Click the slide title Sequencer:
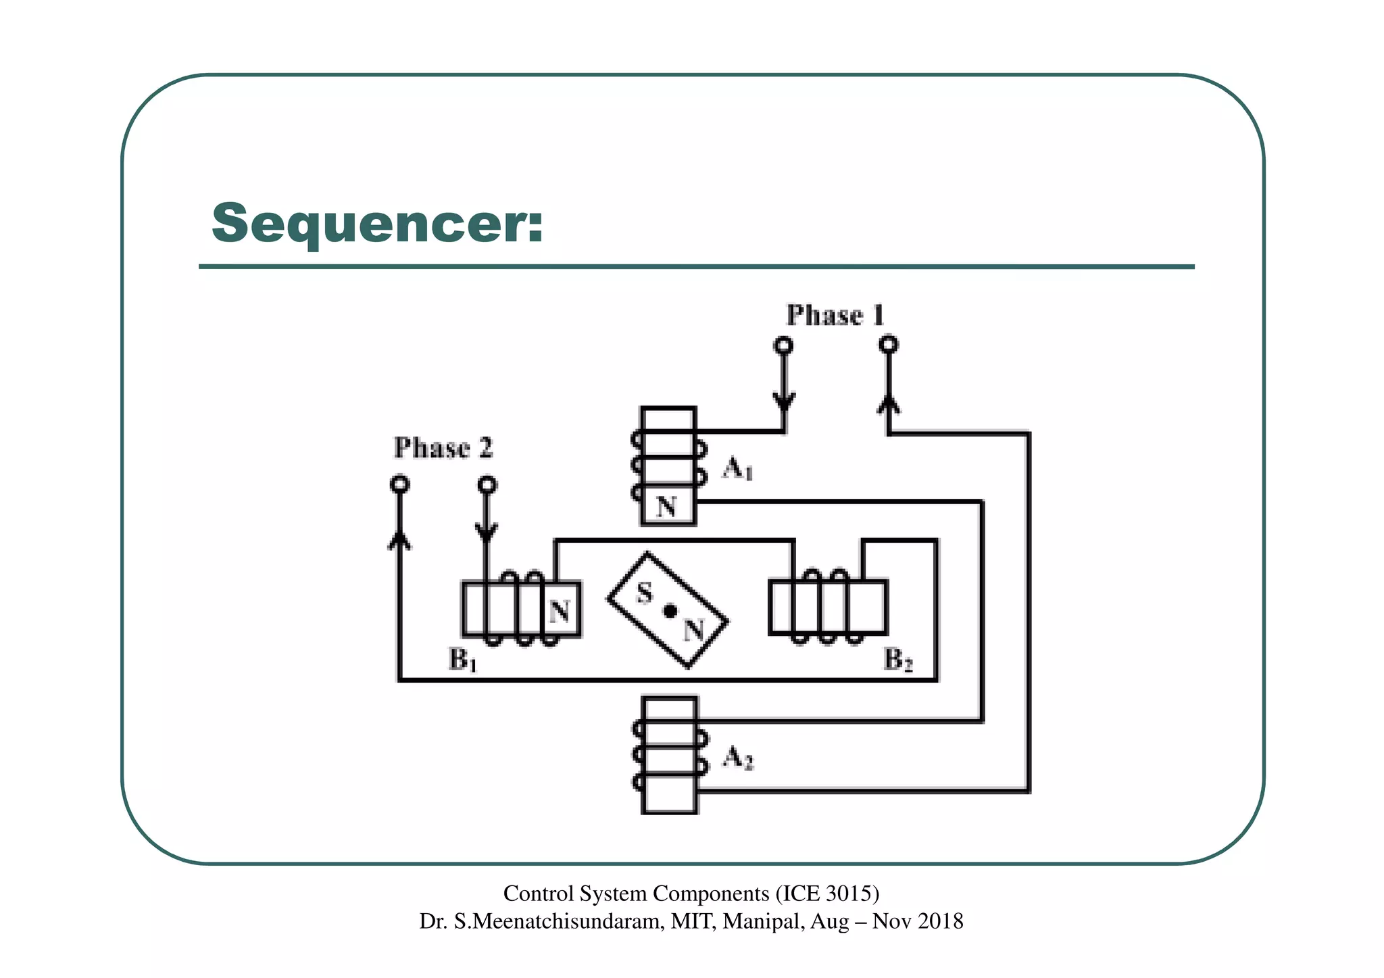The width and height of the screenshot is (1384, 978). pos(377,224)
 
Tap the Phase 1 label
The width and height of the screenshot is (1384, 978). pos(835,316)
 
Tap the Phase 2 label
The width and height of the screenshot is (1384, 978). pos(443,448)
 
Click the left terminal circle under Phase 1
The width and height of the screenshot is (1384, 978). pos(783,345)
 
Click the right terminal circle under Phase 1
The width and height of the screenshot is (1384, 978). pos(889,345)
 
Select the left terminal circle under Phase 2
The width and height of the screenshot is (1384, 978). pos(400,485)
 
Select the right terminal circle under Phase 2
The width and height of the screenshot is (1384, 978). pos(487,485)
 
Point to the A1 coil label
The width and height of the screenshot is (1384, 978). pos(737,468)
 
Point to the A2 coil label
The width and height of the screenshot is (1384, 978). pos(738,758)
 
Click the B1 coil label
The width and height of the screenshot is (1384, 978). pos(463,660)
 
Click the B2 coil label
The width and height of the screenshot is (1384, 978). pos(898,660)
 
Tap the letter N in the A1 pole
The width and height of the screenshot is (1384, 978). pos(667,506)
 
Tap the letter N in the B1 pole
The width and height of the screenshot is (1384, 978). pos(560,612)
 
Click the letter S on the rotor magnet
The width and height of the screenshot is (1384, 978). pos(645,594)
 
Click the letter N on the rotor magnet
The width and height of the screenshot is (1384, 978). pos(694,631)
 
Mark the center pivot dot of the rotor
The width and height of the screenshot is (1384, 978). pos(670,611)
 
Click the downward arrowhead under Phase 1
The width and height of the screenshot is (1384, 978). pos(784,401)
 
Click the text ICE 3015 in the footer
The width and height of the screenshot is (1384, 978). pos(824,894)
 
